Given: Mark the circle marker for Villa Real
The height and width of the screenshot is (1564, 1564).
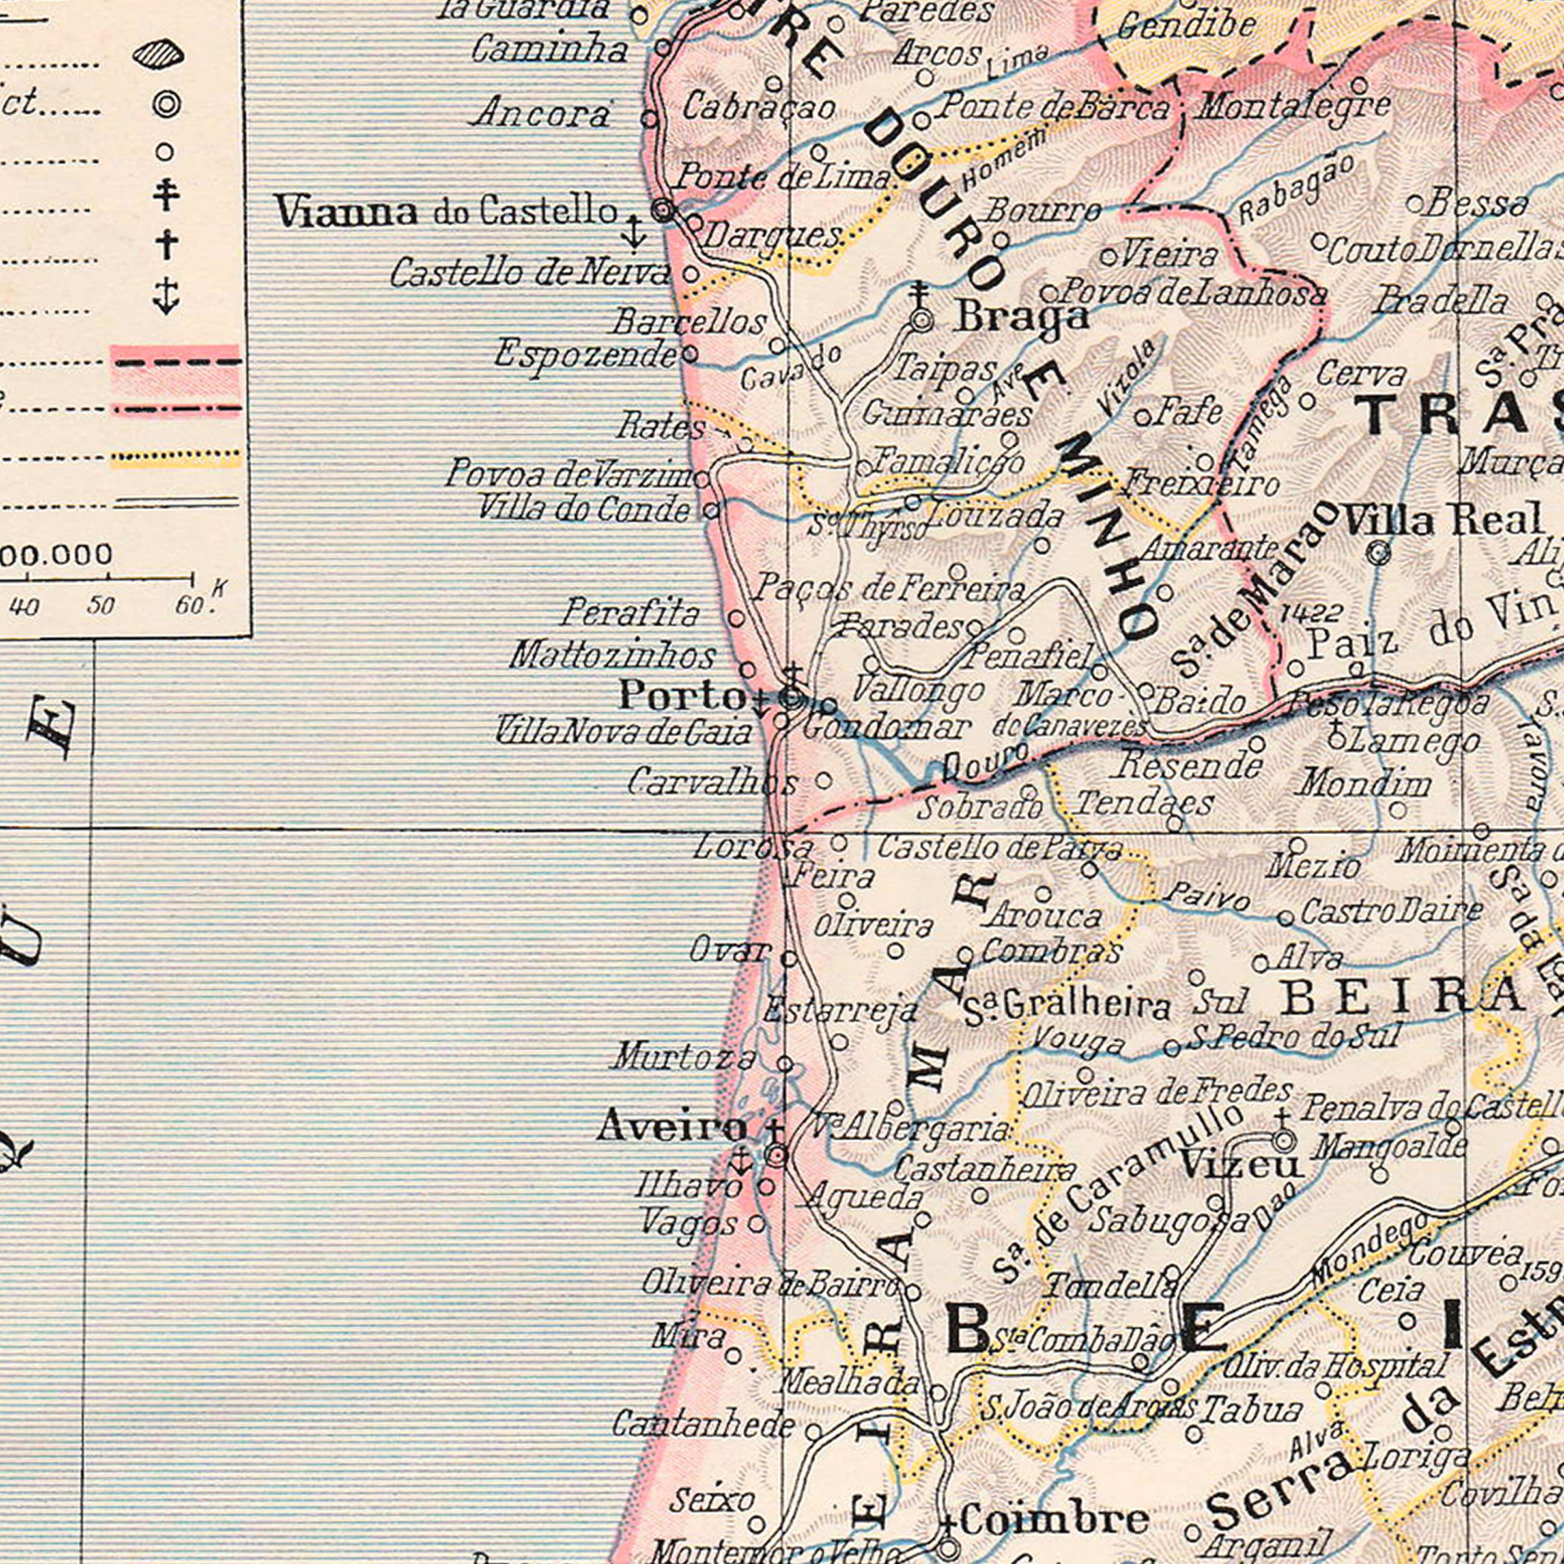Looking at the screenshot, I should [x=1378, y=554].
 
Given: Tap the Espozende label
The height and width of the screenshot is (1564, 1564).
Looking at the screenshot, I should [x=586, y=355].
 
